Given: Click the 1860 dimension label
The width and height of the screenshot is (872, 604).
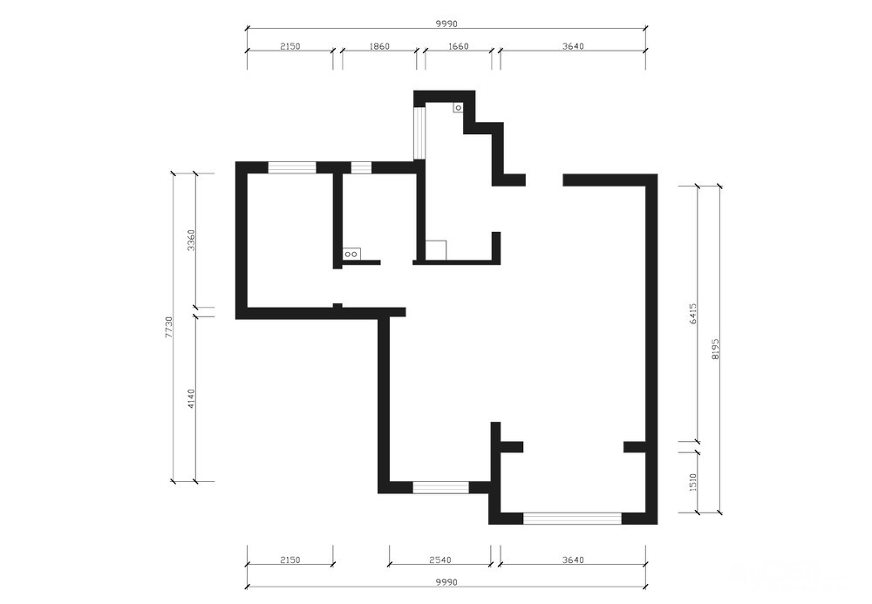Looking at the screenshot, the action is click(379, 47).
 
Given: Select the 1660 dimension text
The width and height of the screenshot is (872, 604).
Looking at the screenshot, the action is click(458, 47).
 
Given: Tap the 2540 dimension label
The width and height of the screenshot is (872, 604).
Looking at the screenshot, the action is click(439, 560).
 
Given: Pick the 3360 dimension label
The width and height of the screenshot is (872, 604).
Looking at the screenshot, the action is click(191, 240).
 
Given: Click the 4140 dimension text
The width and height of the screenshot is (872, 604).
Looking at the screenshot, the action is click(191, 399).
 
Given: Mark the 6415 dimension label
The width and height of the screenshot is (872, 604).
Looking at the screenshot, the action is click(692, 314).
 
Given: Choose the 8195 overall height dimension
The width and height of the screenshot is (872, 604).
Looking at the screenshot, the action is click(715, 349).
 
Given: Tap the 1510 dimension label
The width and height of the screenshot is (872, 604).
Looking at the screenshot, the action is click(692, 482).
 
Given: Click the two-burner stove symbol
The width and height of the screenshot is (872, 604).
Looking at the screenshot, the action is click(351, 254).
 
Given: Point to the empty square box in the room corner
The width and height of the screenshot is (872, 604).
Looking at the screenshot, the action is click(436, 250).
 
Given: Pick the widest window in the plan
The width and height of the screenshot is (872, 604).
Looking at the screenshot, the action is click(572, 519).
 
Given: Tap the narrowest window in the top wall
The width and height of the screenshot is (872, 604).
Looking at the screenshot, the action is click(361, 167).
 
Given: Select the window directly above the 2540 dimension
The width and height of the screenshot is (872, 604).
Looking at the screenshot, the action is click(440, 487).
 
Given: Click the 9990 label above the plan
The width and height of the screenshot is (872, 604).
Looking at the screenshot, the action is click(446, 24).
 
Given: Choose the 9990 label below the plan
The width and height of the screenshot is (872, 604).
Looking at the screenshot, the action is click(446, 582).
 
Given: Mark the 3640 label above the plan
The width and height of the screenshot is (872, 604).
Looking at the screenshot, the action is click(573, 47).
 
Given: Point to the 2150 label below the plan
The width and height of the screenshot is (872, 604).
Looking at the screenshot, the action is click(290, 560).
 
